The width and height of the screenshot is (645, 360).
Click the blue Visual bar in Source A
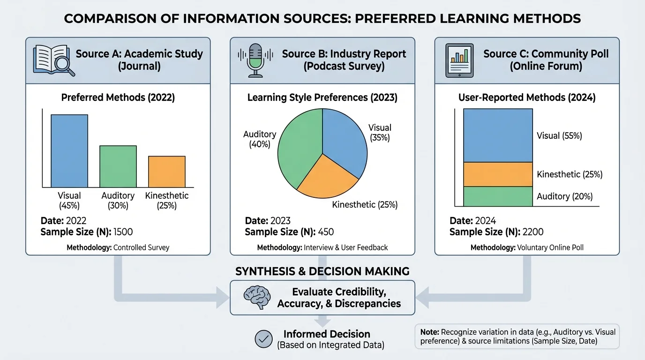coord(69,151)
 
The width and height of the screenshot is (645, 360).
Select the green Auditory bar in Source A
coord(118,166)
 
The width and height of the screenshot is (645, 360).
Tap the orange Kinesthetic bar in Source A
coord(167,172)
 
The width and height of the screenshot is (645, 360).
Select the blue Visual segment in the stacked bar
coord(498,135)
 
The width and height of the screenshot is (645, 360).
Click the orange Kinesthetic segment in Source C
coord(498,174)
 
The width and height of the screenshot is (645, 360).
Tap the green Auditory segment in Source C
coord(498,196)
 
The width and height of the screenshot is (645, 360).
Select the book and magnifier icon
coord(53,60)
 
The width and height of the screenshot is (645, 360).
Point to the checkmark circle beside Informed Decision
coord(263,339)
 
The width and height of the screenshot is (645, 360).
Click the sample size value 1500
coord(124,232)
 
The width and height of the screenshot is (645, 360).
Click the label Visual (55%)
coord(559,135)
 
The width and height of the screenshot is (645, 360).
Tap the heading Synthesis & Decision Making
coord(322,271)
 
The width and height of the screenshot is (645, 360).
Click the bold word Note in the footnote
coord(429,332)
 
